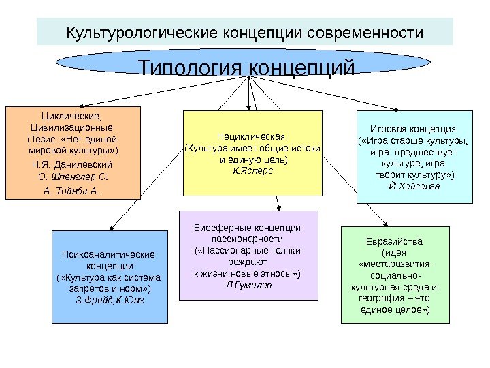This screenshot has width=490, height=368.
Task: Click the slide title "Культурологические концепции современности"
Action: pyautogui.click(x=244, y=33)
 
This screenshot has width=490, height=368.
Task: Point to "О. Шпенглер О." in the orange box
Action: pyautogui.click(x=72, y=177)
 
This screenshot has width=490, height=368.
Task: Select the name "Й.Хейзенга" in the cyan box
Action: pyautogui.click(x=414, y=185)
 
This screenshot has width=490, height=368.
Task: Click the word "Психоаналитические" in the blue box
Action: pyautogui.click(x=109, y=255)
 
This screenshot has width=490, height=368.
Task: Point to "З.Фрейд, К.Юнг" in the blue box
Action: pyautogui.click(x=110, y=299)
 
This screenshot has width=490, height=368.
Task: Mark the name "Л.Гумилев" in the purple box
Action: pyautogui.click(x=247, y=284)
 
